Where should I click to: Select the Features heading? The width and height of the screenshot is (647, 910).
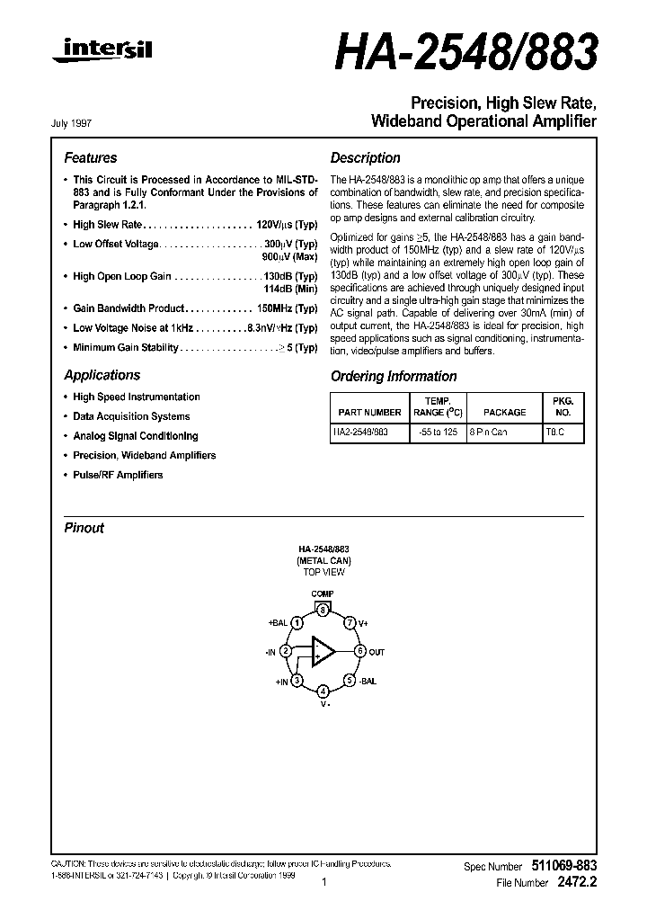click(x=90, y=157)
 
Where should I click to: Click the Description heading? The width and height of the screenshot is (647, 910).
click(x=365, y=157)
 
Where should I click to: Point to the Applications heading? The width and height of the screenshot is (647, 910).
click(x=102, y=375)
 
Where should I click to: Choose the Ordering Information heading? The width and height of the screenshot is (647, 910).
click(x=394, y=376)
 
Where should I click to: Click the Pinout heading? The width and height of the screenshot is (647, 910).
click(x=84, y=528)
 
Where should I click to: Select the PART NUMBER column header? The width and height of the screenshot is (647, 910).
click(x=369, y=412)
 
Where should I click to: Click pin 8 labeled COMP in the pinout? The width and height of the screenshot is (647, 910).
click(x=323, y=610)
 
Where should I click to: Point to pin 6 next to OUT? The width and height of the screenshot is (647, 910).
click(x=359, y=651)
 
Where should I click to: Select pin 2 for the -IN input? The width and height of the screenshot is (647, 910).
click(x=285, y=651)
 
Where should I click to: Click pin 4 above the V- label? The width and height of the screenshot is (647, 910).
click(x=323, y=691)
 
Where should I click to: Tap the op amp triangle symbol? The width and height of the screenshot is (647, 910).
click(x=323, y=651)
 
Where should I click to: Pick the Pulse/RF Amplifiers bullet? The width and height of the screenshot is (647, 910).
click(x=117, y=475)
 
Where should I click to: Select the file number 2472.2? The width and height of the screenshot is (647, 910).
click(x=576, y=883)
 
